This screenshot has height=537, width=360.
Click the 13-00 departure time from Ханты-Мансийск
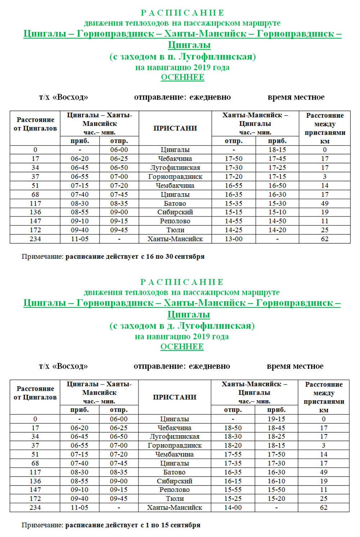(x=234, y=239)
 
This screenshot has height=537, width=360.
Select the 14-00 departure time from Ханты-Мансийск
(x=233, y=507)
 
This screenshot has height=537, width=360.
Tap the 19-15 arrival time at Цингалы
(x=276, y=419)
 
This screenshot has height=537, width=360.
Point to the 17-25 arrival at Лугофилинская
(x=277, y=168)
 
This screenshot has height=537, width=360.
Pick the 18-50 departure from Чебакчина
(x=233, y=428)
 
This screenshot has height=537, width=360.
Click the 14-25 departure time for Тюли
(x=234, y=230)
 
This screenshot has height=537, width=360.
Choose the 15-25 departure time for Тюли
(x=233, y=498)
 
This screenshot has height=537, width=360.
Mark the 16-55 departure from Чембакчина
(x=234, y=186)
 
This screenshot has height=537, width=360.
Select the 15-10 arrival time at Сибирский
(x=277, y=212)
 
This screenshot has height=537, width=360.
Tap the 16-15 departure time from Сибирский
(x=233, y=481)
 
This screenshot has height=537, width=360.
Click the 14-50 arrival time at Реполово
(x=277, y=221)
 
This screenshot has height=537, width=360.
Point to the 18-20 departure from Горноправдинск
(x=233, y=446)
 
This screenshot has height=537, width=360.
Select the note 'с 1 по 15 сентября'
(x=170, y=525)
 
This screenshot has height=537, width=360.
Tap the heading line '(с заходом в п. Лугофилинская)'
(x=183, y=57)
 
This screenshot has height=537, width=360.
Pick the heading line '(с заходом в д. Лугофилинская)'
(x=182, y=326)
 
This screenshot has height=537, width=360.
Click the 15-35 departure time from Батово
(x=234, y=203)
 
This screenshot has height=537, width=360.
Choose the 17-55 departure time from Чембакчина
(x=233, y=455)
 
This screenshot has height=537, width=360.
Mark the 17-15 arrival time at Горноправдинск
(x=277, y=177)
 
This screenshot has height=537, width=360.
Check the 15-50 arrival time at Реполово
(x=276, y=490)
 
